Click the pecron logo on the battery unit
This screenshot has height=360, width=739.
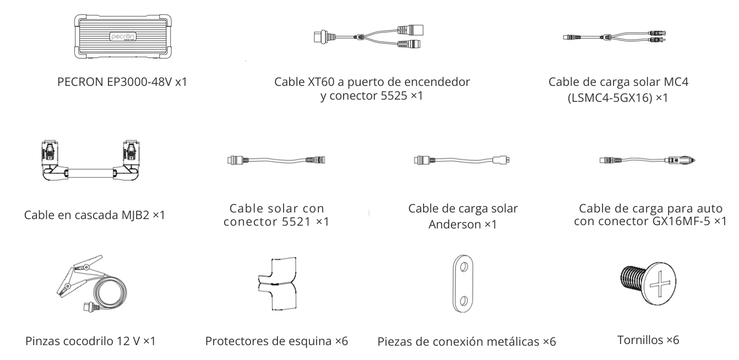tap(122, 36)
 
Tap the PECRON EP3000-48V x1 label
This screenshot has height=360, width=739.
tap(122, 82)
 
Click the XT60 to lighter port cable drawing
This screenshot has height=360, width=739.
tap(368, 37)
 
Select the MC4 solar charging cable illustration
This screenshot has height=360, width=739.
tap(615, 37)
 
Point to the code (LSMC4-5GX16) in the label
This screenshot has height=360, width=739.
tap(610, 98)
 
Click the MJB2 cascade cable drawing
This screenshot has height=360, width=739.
tap(91, 161)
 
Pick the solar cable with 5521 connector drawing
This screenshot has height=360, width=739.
tap(276, 160)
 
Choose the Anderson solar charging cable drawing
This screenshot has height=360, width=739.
tap(461, 160)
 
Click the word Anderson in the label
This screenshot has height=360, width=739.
tap(455, 225)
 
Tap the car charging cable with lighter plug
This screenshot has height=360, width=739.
tap(647, 161)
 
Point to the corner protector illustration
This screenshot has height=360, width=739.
tap(277, 283)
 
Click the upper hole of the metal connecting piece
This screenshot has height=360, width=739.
tap(464, 267)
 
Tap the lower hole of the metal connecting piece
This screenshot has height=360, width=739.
tap(463, 301)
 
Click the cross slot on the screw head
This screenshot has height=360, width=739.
tap(660, 284)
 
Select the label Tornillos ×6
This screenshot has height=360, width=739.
tap(648, 340)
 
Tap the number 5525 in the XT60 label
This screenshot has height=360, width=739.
tap(394, 96)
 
